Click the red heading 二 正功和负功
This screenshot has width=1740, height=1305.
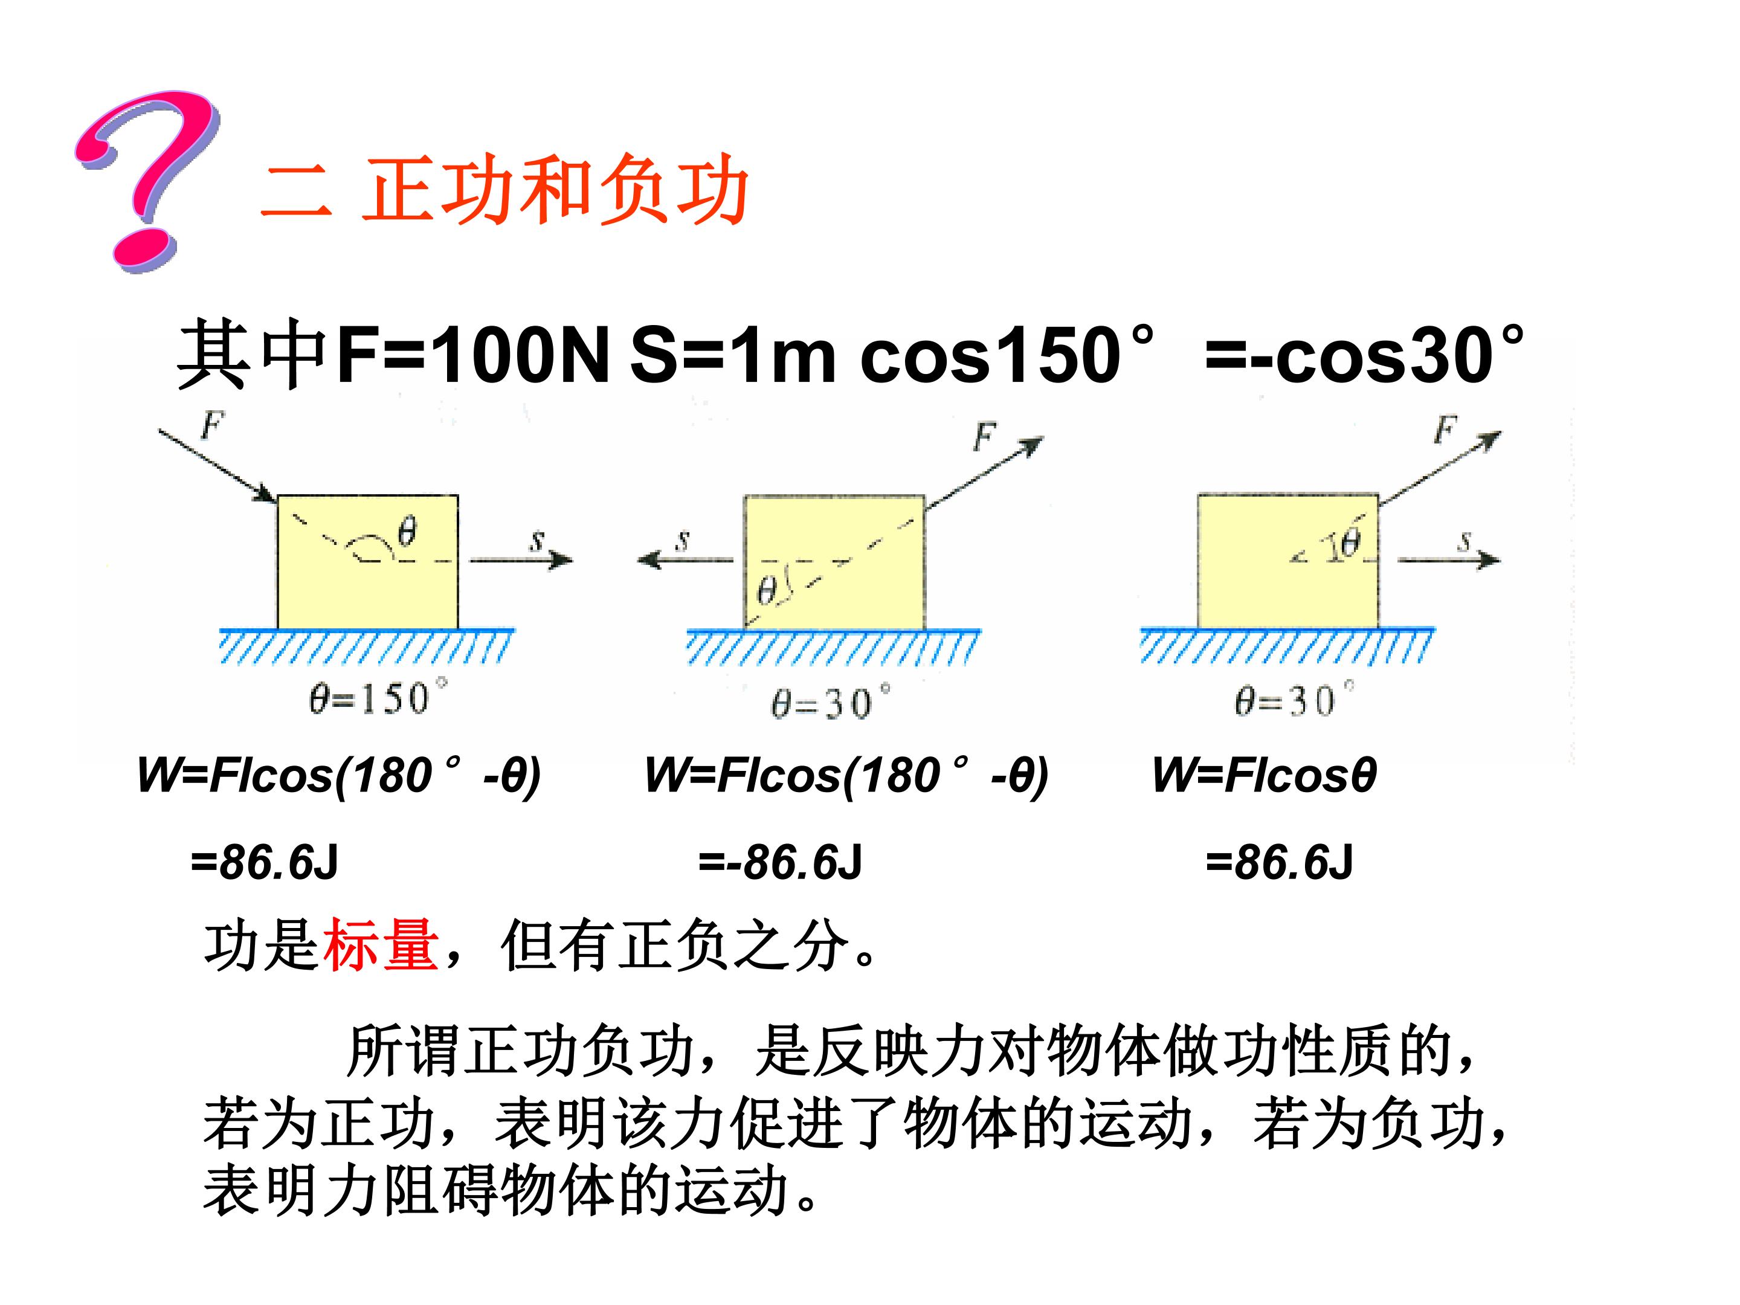503,190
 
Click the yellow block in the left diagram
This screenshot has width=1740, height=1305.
367,562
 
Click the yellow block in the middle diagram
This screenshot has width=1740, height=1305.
834,562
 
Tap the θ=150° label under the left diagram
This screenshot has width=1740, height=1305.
378,698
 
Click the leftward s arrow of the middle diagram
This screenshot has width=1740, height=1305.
685,559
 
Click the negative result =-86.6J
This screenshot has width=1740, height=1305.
781,862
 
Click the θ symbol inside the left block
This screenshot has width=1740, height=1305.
406,532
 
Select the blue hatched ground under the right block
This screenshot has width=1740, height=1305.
1287,646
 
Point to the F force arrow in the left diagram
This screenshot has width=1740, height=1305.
217,465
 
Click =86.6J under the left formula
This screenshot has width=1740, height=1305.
264,862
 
